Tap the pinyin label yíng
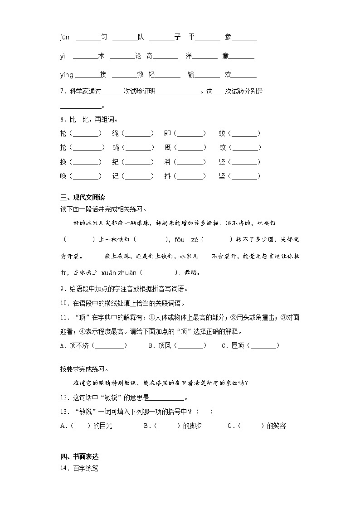coord(66,75)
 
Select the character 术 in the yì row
coord(101,56)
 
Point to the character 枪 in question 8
coord(63,134)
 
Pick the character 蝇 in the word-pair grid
coord(116,148)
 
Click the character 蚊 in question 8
coord(222,134)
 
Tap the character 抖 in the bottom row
coord(168,176)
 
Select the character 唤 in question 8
coord(63,176)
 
